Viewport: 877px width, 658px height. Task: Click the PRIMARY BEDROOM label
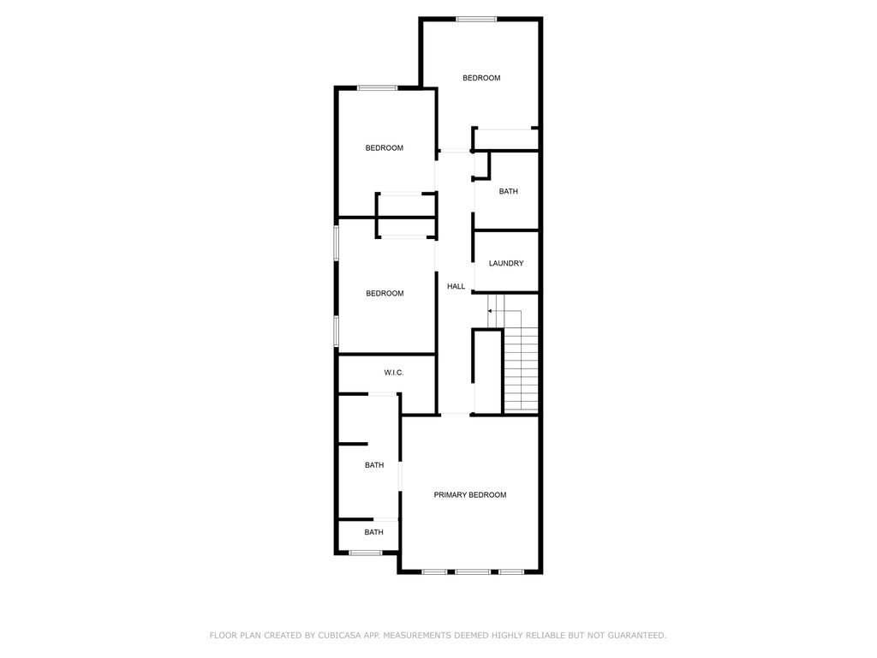point(470,494)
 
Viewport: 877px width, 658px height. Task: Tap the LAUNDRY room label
point(506,263)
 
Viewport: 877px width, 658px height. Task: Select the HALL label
point(456,286)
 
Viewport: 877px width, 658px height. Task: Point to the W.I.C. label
point(394,373)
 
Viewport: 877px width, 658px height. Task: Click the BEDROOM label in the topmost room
point(481,78)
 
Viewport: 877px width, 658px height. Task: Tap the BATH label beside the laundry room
point(508,191)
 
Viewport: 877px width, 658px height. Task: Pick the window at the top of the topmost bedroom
point(476,20)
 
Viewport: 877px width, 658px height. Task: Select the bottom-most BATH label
point(373,532)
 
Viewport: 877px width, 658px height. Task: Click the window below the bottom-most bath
point(365,553)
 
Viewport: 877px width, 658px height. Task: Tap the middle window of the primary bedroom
point(473,571)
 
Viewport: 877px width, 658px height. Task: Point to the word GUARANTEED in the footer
point(636,636)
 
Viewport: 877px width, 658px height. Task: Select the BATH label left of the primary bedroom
point(374,465)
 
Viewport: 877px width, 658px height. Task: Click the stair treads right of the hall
point(522,369)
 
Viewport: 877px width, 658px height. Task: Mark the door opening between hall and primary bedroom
point(456,415)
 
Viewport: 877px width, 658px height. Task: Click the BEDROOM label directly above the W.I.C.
point(385,293)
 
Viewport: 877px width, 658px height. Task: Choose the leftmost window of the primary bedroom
point(434,571)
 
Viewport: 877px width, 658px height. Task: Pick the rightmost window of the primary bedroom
point(511,571)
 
